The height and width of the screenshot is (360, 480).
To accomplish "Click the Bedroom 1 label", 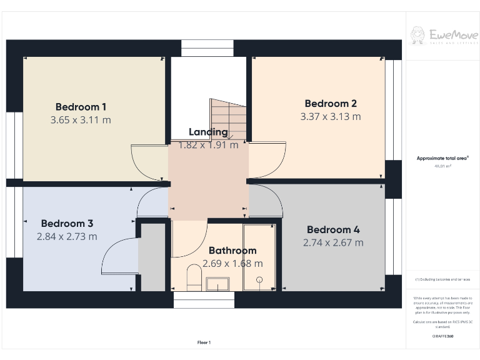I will coord(81,106).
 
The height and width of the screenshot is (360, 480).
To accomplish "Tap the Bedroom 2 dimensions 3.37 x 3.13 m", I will coord(330,116).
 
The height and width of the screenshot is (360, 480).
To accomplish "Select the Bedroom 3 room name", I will coord(67,223).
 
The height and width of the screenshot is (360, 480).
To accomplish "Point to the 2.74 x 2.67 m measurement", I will coord(333,242).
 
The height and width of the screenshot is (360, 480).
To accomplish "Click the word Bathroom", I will coord(232,251).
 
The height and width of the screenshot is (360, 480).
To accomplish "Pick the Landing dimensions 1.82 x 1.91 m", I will coord(208,145).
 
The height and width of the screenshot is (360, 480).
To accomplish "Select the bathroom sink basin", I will coord(217,285).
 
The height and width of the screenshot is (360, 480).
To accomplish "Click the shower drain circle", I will coord(259,281).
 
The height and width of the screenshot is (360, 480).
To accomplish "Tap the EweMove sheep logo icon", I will coord(417,34).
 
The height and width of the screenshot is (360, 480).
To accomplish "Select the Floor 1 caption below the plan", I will coord(204,342).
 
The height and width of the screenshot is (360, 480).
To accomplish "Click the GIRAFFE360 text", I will coord(442,336).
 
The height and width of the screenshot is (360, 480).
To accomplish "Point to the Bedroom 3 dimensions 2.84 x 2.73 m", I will coord(67,236).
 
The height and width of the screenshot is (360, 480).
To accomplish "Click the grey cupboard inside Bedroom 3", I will coord(152,257).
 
